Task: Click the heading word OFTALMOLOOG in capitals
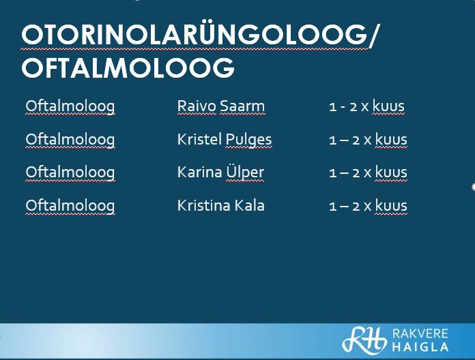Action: tap(128, 67)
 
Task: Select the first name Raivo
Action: tap(197, 106)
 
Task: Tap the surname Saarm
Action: tap(242, 106)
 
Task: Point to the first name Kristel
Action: tap(200, 139)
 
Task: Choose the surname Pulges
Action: tap(248, 140)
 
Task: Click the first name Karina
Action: tap(200, 172)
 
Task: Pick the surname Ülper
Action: tap(245, 172)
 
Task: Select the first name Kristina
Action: tap(203, 205)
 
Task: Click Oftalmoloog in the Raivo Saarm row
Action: tap(70, 107)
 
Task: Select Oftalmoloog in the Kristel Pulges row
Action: tap(70, 140)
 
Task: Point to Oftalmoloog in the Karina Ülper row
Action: tap(70, 173)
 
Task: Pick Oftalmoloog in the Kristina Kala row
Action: tap(70, 207)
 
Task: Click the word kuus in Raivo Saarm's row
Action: tap(388, 106)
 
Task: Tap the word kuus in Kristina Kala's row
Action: tap(391, 205)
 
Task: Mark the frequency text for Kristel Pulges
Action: tap(368, 140)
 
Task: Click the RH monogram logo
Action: tap(364, 340)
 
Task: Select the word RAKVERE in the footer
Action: tap(420, 333)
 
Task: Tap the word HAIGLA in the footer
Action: tap(420, 346)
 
